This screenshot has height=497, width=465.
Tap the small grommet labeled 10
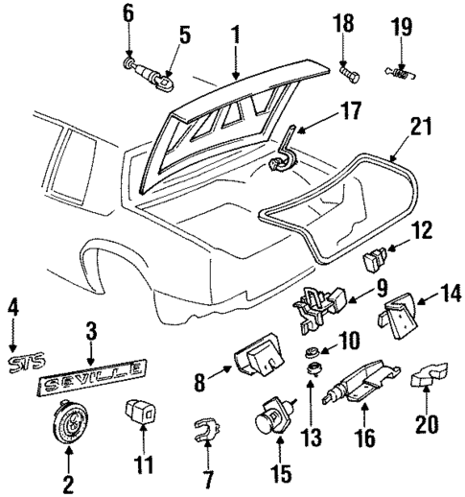(x=312, y=351)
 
